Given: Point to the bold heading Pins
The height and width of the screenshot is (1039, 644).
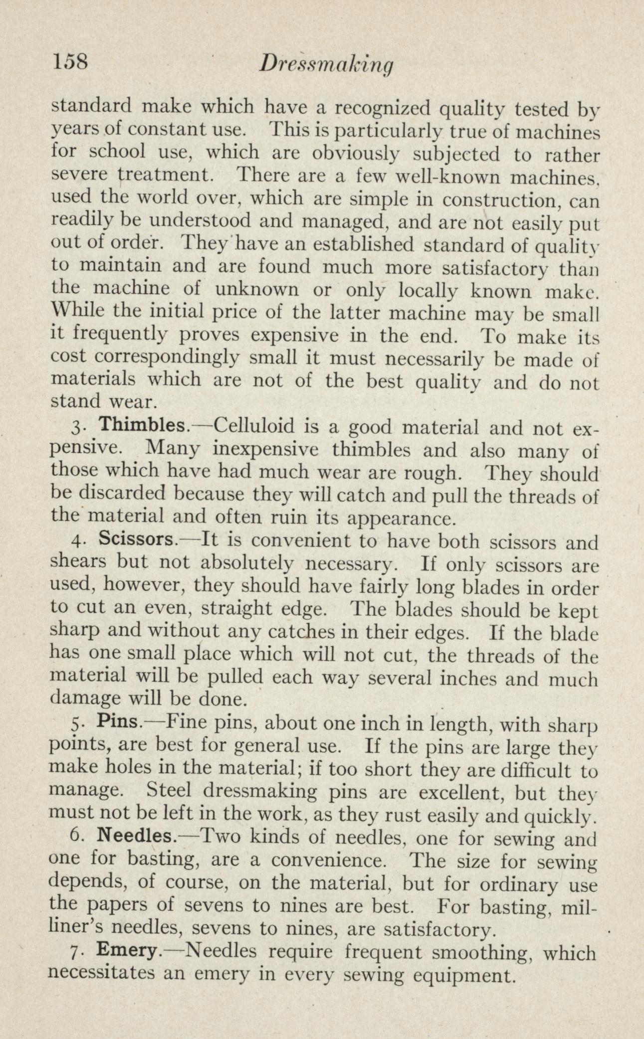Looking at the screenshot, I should point(121,721).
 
